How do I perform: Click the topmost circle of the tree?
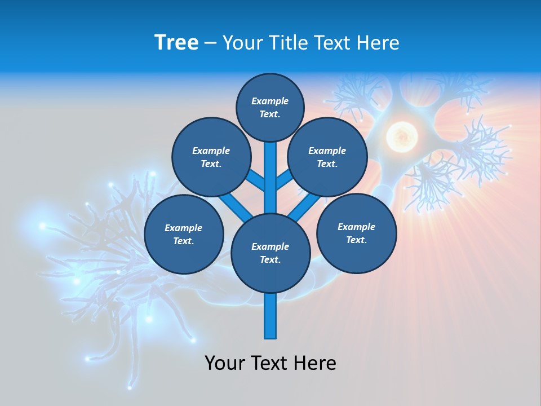[270, 107]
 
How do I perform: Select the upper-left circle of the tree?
[211, 157]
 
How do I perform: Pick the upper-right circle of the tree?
[327, 157]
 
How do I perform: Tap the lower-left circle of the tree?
[184, 234]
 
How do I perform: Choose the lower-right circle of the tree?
[356, 233]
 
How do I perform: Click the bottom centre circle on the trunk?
[270, 253]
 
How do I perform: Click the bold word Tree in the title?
[176, 42]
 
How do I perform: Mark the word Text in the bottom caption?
[269, 363]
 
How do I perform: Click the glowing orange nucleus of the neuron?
[401, 135]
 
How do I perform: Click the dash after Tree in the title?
[211, 43]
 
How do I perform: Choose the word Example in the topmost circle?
[270, 101]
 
